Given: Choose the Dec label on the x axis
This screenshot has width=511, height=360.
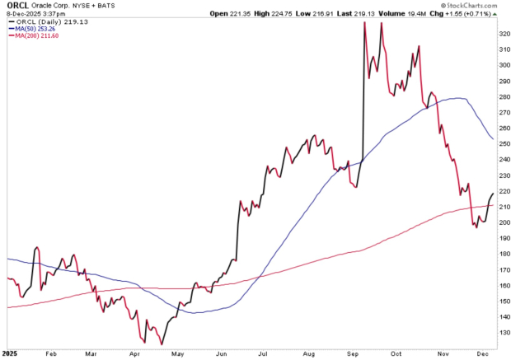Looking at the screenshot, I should click(x=482, y=353).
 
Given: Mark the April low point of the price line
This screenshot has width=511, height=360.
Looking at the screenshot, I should click(x=162, y=343).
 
